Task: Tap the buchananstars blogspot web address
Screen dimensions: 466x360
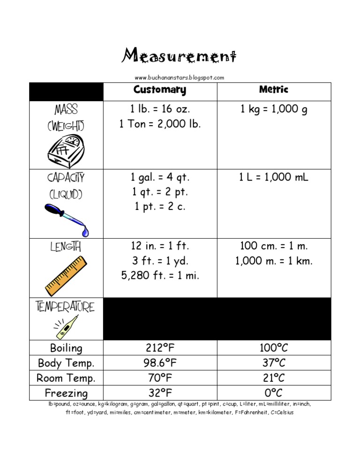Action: (180, 77)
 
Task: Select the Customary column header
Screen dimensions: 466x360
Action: (160, 90)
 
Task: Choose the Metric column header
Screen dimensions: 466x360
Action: (274, 89)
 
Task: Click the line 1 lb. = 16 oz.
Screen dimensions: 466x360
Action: (160, 109)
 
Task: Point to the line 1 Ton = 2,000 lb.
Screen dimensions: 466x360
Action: (160, 124)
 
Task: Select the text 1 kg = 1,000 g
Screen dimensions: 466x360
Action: (274, 109)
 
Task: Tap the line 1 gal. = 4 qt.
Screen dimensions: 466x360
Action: (160, 178)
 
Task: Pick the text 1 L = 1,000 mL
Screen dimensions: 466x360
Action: (274, 177)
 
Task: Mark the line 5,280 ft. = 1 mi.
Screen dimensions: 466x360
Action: (160, 276)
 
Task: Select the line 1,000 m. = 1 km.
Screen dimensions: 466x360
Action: (274, 261)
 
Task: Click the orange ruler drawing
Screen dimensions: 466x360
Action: (66, 273)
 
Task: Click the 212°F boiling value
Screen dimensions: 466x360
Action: (160, 348)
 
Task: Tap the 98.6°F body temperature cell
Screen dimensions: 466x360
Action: (160, 363)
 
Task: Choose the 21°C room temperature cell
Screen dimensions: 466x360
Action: (274, 378)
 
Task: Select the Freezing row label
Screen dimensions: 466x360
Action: (66, 393)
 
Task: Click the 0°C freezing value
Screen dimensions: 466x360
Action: (274, 393)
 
